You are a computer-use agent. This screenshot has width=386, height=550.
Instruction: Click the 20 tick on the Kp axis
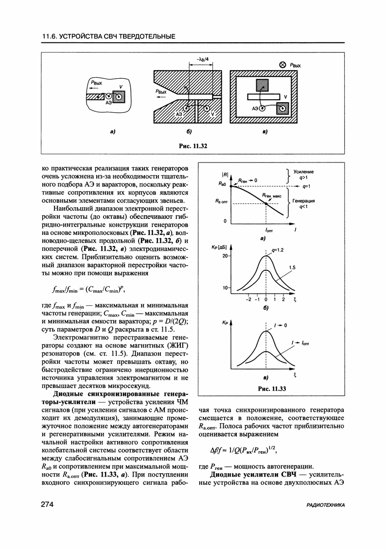click(x=225, y=256)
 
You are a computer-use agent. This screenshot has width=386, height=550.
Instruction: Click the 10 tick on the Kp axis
click(x=225, y=288)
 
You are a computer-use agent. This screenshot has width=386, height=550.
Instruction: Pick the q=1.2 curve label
click(x=277, y=250)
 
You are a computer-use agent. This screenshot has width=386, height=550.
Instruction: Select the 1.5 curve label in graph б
click(x=293, y=267)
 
